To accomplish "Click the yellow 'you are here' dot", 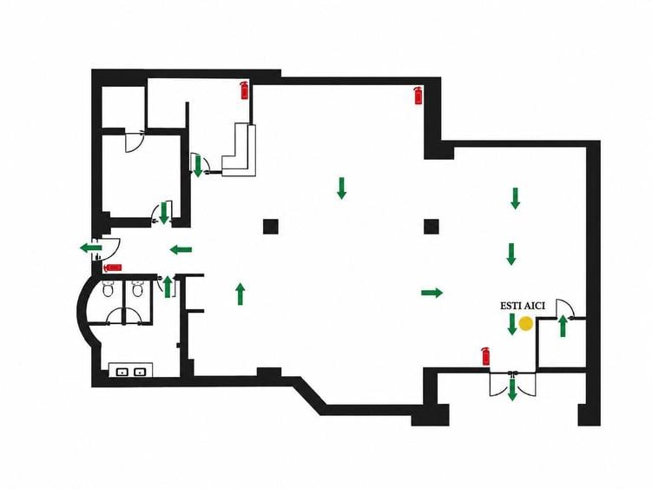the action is point(526,324).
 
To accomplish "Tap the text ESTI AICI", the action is point(523,306).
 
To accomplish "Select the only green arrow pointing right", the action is point(432,293).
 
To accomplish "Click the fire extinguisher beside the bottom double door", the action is point(485,356).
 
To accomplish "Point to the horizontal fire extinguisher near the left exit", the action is point(112,268).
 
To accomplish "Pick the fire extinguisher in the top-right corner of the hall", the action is point(418,96).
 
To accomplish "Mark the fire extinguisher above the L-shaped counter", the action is point(245,90).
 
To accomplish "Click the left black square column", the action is point(271,227).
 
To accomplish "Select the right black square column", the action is point(431,227).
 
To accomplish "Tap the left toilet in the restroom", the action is point(109,288).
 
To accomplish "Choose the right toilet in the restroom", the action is point(138,288).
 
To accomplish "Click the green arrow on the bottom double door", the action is point(512,389).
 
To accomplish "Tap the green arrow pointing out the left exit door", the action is point(90,248).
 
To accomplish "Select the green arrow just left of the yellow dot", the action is point(512,324).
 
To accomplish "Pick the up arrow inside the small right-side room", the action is point(563,326).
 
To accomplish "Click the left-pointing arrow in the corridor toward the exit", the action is point(181,249).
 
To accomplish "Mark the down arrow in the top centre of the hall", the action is point(341,188).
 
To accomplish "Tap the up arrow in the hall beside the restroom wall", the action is point(240,294).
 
